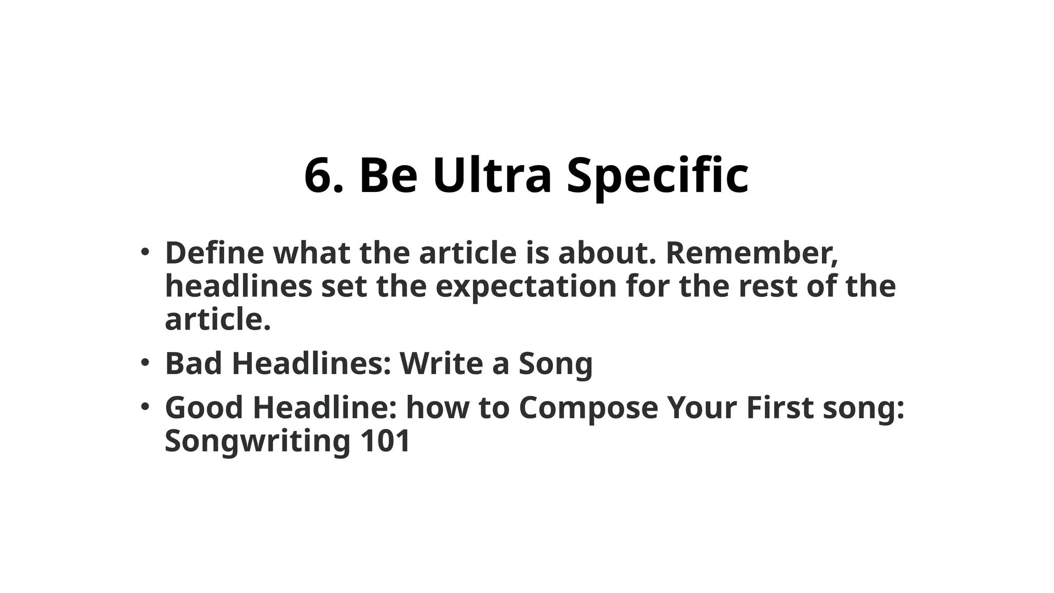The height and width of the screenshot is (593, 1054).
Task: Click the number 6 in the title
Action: point(320,176)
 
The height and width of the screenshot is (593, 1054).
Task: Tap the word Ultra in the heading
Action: point(492,176)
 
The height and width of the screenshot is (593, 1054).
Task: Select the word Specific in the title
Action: point(657,176)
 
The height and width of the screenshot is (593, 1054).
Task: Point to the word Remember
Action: point(751,253)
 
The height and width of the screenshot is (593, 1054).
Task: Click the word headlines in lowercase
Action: point(238,286)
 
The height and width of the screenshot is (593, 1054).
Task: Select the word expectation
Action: point(526,287)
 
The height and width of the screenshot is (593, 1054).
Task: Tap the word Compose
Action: point(588,408)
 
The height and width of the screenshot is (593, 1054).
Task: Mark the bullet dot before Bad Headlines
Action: point(145,363)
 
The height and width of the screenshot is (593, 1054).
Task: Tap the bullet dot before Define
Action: point(145,252)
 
